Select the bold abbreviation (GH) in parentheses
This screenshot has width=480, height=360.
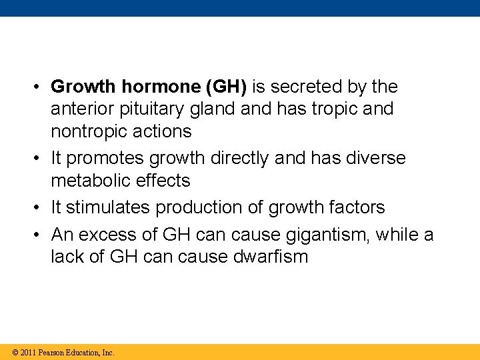[227, 87]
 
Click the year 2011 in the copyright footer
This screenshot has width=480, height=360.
[28, 352]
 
